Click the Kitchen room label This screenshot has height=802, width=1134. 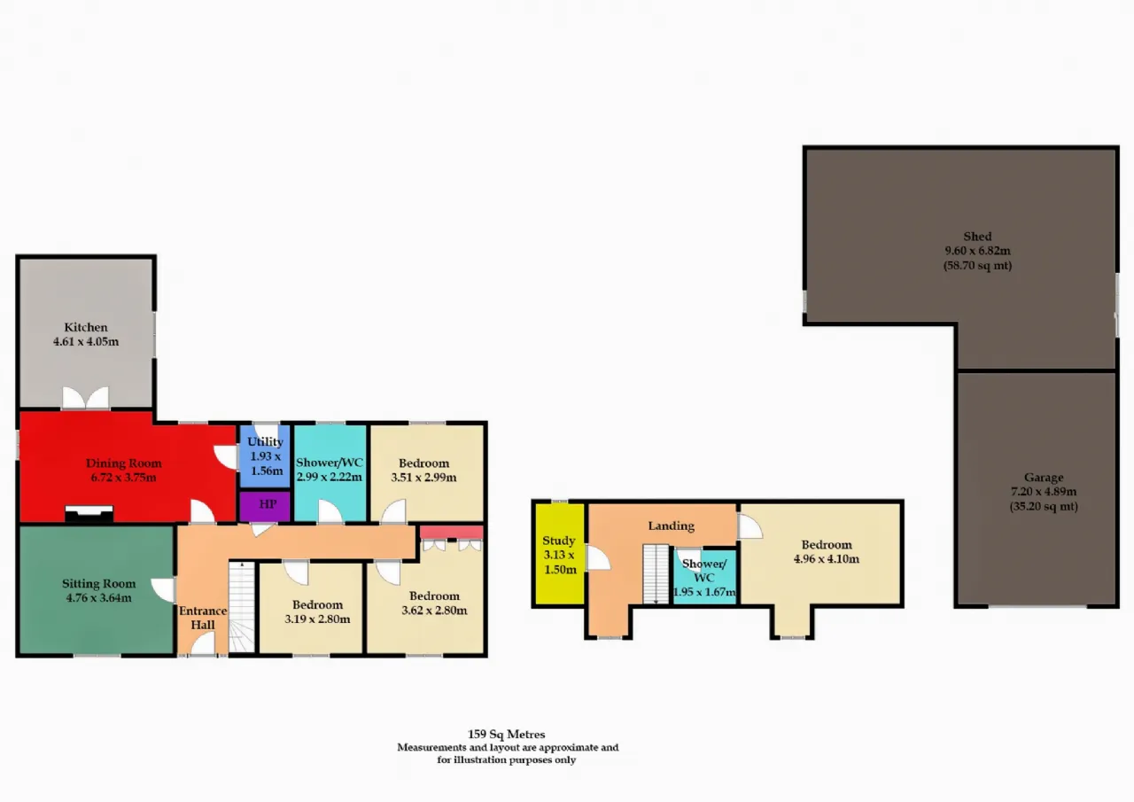point(86,327)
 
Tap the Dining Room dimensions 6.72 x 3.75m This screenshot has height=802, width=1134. point(123,478)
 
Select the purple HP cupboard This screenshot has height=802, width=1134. point(265,506)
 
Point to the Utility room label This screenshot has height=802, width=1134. point(265,441)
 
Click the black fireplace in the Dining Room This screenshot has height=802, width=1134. point(89,513)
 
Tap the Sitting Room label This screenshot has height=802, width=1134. point(98,583)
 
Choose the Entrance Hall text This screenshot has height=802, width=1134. point(203,618)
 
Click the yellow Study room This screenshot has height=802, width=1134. point(559,554)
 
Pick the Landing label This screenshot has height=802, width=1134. point(672,526)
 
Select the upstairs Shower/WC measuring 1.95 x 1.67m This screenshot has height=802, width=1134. point(704,577)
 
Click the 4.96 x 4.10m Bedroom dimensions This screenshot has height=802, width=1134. point(827,559)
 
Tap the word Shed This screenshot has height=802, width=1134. point(977,237)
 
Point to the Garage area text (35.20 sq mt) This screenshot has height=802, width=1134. point(1044,506)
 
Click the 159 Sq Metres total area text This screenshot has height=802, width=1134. point(506,734)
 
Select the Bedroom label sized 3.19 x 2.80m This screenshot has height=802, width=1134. point(317,604)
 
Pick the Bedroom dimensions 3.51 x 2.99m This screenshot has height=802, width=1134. point(423,478)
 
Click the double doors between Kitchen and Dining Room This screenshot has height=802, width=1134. point(86,398)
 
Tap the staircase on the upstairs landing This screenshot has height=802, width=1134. point(656,574)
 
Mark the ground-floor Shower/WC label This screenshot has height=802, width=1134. point(329,463)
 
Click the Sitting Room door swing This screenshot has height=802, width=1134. point(164,590)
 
